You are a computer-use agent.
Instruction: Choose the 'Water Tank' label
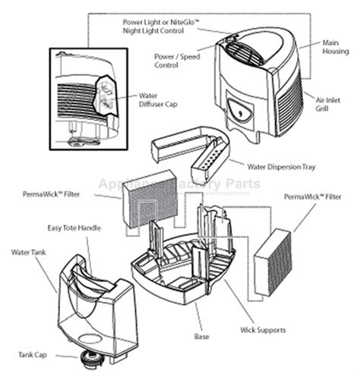coord(29,252)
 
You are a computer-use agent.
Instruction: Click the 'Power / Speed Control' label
coord(177,61)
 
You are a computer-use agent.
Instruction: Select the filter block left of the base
coord(146,201)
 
